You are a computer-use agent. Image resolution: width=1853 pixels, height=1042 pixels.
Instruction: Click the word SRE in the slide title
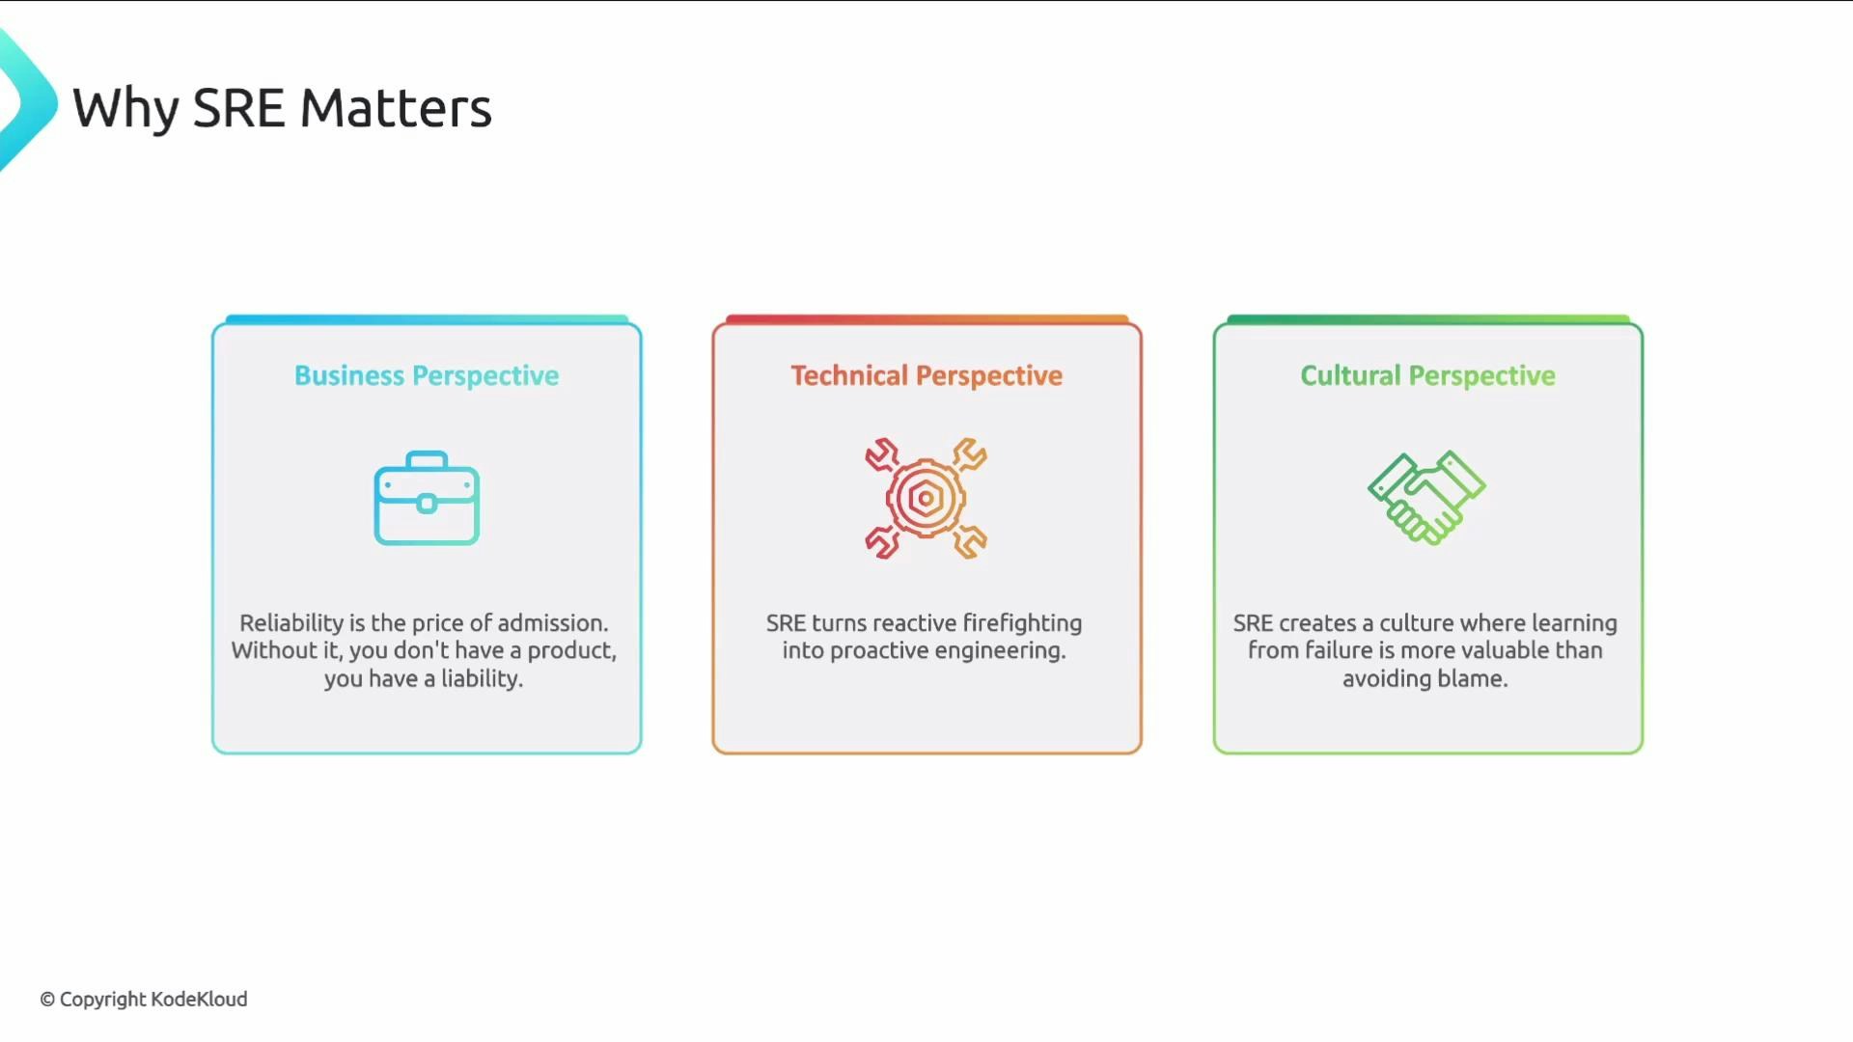coord(238,108)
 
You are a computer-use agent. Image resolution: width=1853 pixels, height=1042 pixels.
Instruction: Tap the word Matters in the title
coord(396,108)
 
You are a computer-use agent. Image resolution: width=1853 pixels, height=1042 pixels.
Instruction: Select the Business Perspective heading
coord(427,375)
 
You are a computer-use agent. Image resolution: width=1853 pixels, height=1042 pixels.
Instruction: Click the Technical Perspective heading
coord(926,375)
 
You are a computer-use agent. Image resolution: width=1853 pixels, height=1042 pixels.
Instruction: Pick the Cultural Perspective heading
coord(1427,375)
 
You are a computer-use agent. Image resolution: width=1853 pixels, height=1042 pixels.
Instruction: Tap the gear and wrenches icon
coord(926,499)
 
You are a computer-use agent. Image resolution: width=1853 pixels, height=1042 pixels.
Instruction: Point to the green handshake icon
coord(1426,497)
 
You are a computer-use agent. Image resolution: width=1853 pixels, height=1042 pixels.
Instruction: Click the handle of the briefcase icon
coord(427,459)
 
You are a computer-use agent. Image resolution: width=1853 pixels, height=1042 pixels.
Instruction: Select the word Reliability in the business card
coord(291,623)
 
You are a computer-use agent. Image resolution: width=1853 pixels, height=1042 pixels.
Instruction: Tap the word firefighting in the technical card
coord(1022,623)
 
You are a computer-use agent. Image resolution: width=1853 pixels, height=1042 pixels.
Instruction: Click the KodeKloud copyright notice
coord(144,1000)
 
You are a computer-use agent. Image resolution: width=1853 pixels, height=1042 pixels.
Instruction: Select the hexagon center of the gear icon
coord(926,499)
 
